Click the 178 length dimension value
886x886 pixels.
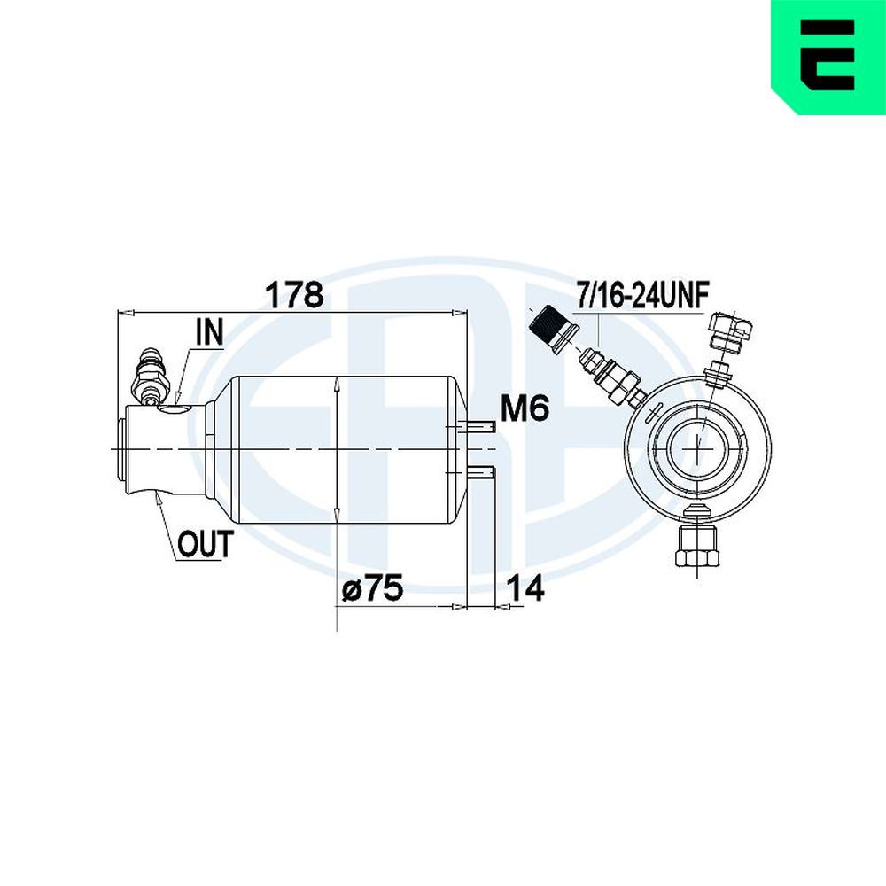click(294, 295)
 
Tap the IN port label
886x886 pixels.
click(210, 332)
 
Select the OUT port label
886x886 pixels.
click(206, 544)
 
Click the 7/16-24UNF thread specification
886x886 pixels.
click(641, 295)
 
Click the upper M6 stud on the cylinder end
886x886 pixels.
click(481, 427)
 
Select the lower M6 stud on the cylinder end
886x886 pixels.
click(481, 472)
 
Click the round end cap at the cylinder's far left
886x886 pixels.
click(121, 448)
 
